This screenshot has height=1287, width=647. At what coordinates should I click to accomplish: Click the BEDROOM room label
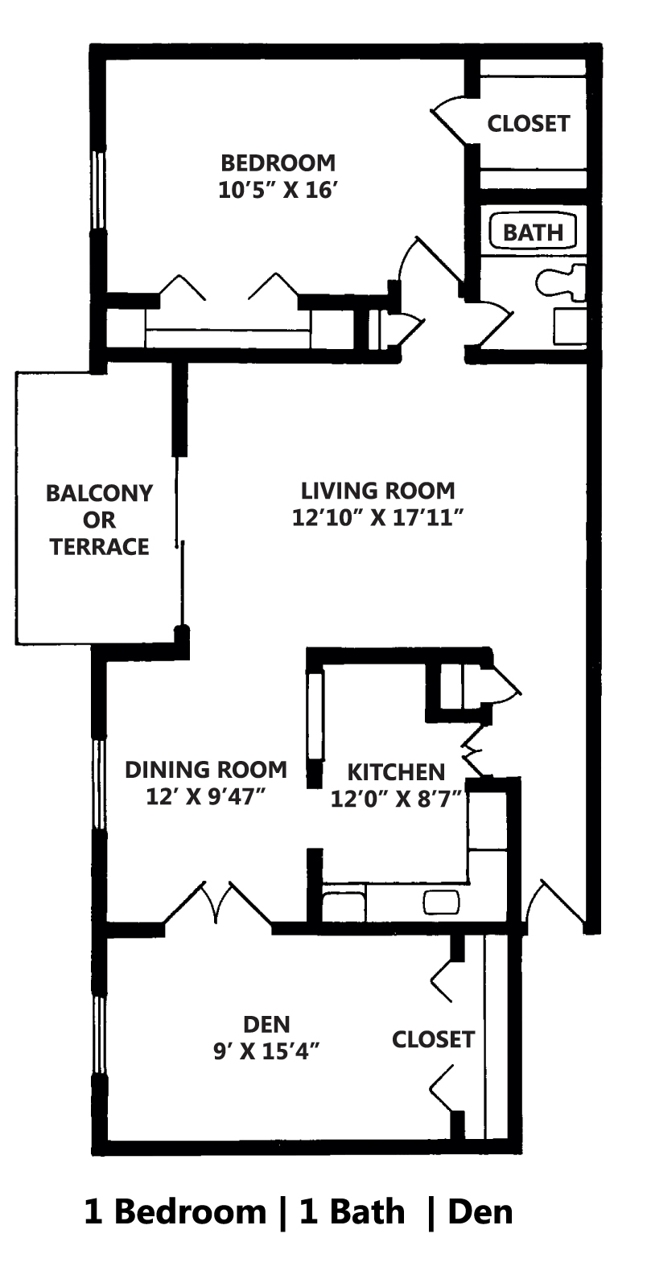tap(278, 163)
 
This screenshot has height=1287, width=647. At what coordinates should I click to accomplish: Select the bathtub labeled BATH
tap(533, 232)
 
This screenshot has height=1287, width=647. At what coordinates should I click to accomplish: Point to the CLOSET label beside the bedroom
tap(528, 124)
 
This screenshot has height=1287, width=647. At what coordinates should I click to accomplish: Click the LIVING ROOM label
tap(377, 491)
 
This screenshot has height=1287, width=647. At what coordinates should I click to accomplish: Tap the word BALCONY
tap(99, 493)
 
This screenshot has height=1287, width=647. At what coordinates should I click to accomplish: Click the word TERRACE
tap(99, 547)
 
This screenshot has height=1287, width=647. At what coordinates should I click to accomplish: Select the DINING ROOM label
tap(206, 770)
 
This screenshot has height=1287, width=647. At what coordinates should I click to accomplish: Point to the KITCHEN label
tap(395, 772)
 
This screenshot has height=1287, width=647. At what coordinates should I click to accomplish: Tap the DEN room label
tap(266, 1024)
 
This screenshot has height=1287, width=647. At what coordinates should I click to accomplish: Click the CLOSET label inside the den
tap(433, 1039)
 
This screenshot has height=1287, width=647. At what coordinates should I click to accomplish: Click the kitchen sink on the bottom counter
tap(442, 903)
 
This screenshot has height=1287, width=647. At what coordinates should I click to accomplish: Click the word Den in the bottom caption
tap(480, 1211)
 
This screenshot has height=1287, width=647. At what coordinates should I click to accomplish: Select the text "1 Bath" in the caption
tap(352, 1211)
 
